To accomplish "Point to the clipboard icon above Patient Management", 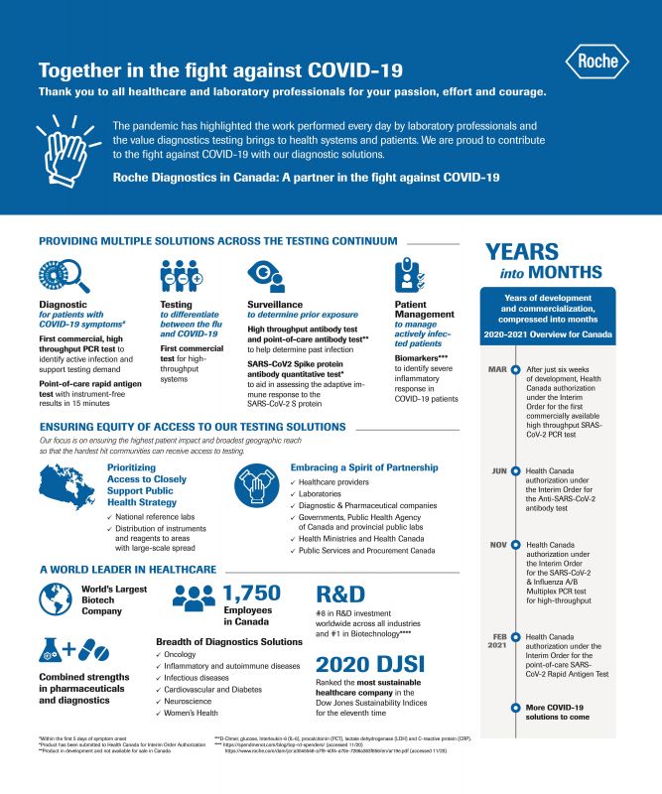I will (x=411, y=274).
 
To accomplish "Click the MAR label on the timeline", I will (x=497, y=368).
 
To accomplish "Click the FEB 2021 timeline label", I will (x=498, y=641).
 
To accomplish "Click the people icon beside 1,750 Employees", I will (x=195, y=595).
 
